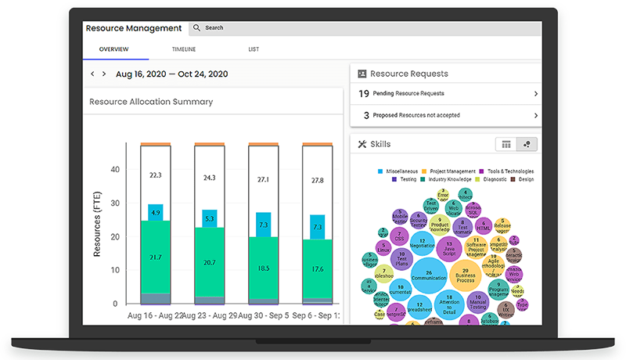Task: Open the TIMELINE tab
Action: click(x=184, y=50)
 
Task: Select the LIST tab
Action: click(x=254, y=50)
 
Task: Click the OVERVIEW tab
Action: click(x=114, y=50)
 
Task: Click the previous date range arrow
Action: click(x=92, y=74)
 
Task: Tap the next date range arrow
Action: click(x=104, y=74)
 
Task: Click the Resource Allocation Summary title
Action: click(x=151, y=102)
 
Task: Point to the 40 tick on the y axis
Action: click(x=114, y=169)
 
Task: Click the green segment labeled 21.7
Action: click(x=155, y=257)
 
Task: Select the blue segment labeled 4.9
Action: click(x=155, y=213)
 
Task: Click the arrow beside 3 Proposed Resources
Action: click(x=536, y=115)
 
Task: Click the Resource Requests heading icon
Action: click(x=362, y=74)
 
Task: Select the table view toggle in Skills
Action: click(x=506, y=144)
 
